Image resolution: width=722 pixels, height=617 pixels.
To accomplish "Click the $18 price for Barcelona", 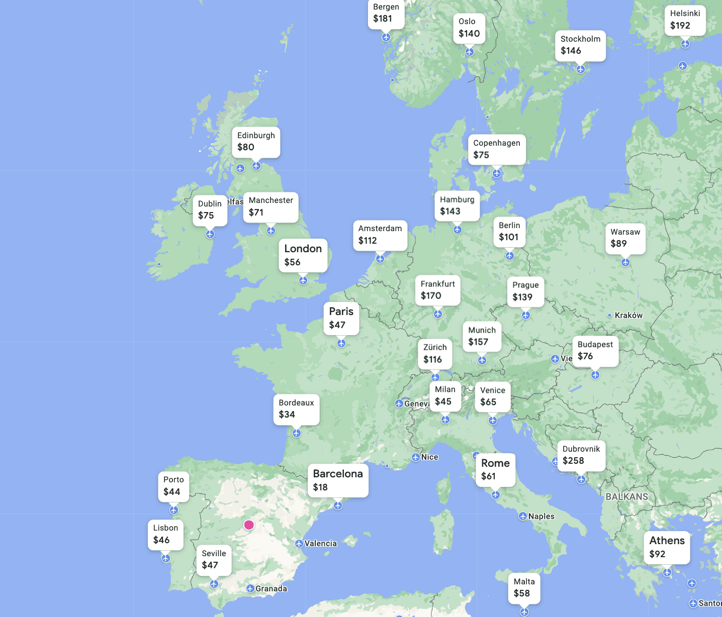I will click(320, 487).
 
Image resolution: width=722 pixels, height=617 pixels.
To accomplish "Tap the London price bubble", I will click(303, 255).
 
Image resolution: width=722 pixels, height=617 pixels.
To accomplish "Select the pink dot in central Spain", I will click(249, 525).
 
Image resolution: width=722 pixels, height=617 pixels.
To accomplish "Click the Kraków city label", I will click(628, 316).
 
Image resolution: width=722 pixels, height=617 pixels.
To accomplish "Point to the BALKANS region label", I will click(626, 496).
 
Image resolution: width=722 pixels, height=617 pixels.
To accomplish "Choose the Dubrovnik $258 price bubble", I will click(581, 455).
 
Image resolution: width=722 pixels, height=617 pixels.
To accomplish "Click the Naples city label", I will click(541, 517).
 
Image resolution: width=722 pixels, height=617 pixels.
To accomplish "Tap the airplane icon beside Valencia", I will click(299, 544).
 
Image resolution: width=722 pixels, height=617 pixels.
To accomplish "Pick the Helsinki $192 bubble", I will click(685, 20).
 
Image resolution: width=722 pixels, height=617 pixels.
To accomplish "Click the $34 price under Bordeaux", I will click(287, 415).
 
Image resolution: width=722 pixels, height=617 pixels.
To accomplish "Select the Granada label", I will click(271, 589).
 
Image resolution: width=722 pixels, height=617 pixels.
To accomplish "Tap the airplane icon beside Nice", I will click(416, 457).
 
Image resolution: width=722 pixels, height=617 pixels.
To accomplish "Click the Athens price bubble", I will click(667, 547).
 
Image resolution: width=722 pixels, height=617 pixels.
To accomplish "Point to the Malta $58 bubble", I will click(524, 588).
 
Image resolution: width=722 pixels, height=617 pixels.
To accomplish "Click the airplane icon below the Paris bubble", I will click(341, 343).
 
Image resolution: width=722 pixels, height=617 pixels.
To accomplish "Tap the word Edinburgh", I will click(256, 136).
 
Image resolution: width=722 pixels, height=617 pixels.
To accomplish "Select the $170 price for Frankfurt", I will click(431, 296).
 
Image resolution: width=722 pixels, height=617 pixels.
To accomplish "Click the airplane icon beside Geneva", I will click(399, 403).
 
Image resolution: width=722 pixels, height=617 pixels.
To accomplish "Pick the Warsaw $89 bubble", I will click(625, 238).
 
